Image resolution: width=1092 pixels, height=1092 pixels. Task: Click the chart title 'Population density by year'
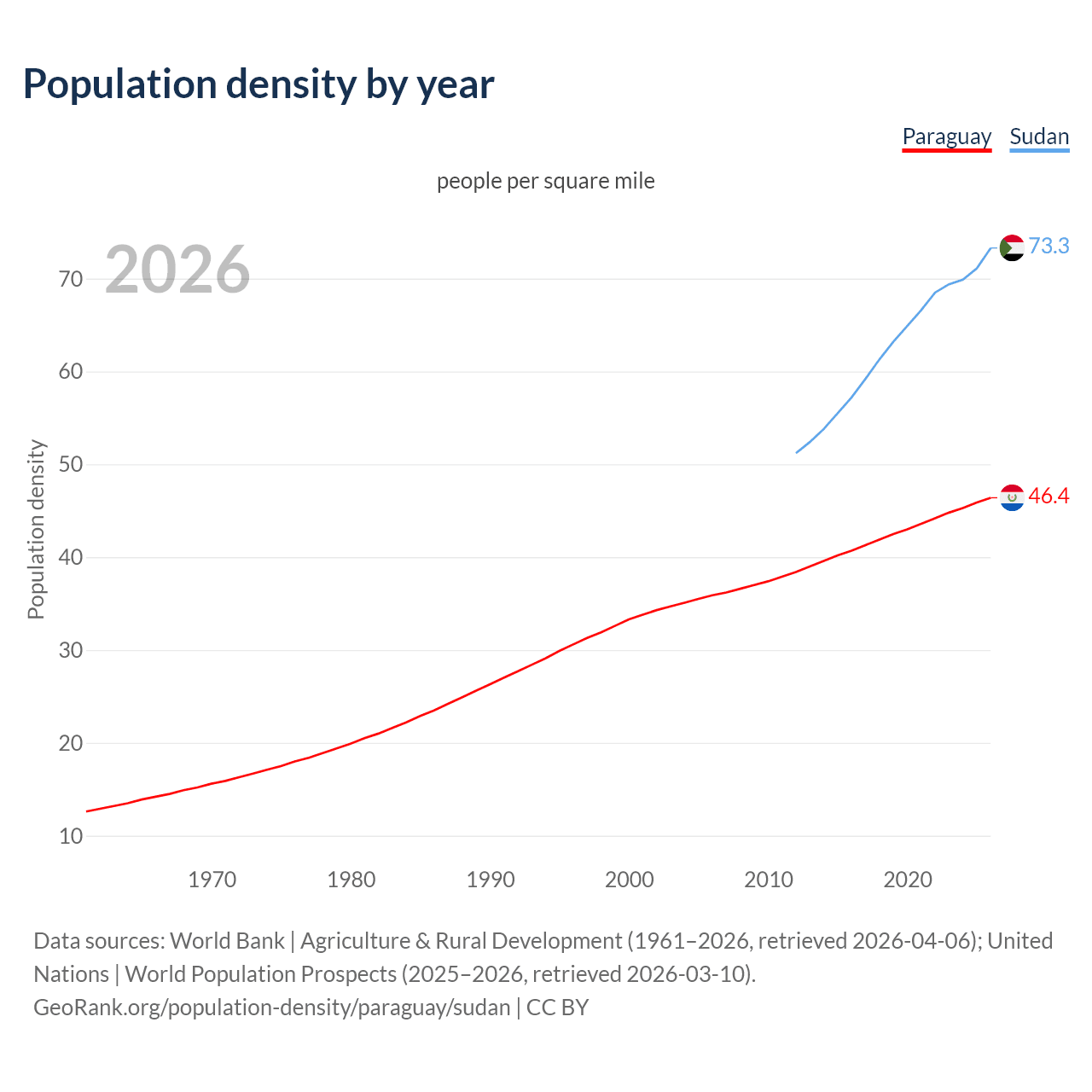pyautogui.click(x=258, y=84)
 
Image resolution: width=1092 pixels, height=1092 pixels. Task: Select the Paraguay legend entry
pyautogui.click(x=946, y=136)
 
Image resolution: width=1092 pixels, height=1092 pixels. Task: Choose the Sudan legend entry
pyautogui.click(x=1038, y=136)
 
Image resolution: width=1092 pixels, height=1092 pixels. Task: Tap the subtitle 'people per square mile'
pyautogui.click(x=546, y=181)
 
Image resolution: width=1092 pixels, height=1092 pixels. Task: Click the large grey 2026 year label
pyautogui.click(x=177, y=270)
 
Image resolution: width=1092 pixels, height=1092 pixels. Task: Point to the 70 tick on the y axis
pyautogui.click(x=71, y=279)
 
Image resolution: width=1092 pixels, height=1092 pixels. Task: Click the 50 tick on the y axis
pyautogui.click(x=71, y=465)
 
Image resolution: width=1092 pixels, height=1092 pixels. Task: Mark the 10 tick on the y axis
pyautogui.click(x=71, y=836)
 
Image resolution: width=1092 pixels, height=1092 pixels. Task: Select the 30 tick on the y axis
pyautogui.click(x=71, y=651)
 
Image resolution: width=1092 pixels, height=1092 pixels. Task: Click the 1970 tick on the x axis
pyautogui.click(x=212, y=880)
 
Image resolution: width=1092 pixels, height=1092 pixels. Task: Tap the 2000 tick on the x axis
pyautogui.click(x=629, y=880)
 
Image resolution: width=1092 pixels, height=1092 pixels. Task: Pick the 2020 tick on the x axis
pyautogui.click(x=907, y=880)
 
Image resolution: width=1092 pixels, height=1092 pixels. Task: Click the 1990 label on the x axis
pyautogui.click(x=490, y=880)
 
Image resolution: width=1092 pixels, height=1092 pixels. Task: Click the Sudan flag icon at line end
pyautogui.click(x=1012, y=247)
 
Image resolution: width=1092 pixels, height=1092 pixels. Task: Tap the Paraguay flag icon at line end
pyautogui.click(x=1012, y=497)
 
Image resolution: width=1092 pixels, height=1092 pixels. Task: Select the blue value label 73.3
pyautogui.click(x=1048, y=246)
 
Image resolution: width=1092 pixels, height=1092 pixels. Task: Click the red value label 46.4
pyautogui.click(x=1048, y=496)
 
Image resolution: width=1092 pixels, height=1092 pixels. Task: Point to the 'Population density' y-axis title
pyautogui.click(x=36, y=529)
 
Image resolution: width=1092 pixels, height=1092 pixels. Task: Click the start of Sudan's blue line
pyautogui.click(x=797, y=452)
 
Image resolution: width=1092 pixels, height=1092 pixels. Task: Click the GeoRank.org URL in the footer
pyautogui.click(x=271, y=1007)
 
